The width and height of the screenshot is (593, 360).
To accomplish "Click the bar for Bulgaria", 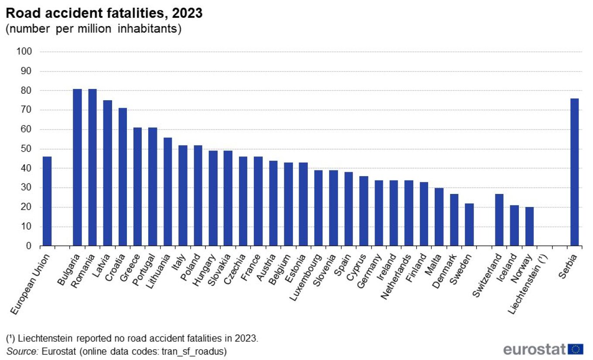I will [x=77, y=168].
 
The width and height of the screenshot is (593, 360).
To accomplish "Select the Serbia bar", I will [x=574, y=173].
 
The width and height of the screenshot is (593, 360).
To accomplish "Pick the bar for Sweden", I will [x=469, y=225].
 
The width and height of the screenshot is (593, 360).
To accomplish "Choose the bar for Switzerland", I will [x=499, y=220].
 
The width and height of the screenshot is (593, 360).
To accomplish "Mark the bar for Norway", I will [x=529, y=227].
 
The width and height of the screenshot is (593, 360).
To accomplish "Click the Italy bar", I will [x=183, y=196].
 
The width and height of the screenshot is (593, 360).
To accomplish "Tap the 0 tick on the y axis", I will [x=29, y=246].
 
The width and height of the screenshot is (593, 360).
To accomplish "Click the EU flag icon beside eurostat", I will [x=576, y=349].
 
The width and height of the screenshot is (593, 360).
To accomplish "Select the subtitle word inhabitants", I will [x=148, y=30].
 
